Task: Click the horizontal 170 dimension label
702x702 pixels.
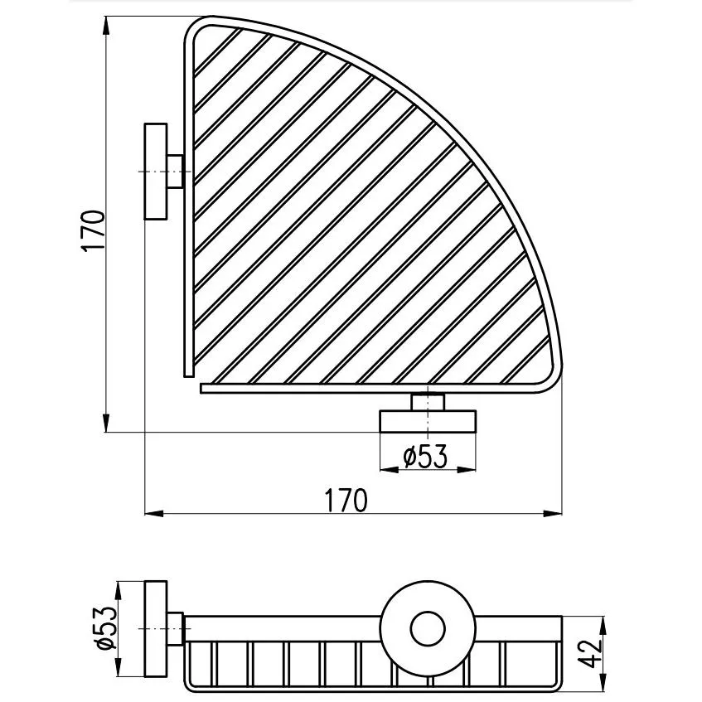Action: (346, 500)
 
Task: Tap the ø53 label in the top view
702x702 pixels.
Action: (425, 456)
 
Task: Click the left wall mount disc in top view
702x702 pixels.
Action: (156, 172)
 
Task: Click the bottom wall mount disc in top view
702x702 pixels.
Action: (428, 421)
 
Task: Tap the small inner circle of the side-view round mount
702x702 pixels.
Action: (428, 628)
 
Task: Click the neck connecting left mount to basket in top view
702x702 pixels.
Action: (176, 172)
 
